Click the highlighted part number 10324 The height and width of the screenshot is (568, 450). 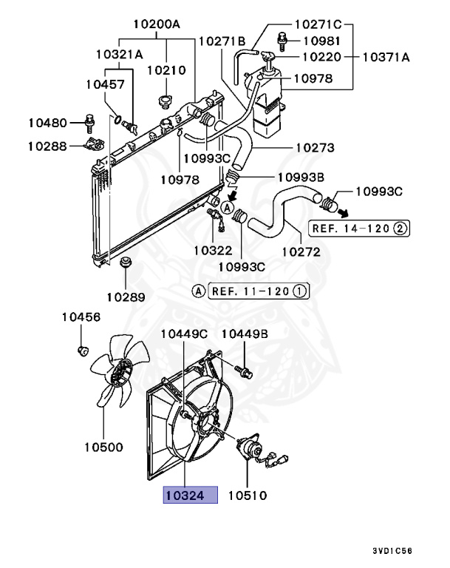point(191,495)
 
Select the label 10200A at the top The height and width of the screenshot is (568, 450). point(157,24)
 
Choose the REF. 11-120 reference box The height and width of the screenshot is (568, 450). point(259,291)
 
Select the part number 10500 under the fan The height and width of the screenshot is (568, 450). point(103,447)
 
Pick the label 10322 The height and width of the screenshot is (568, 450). point(214,251)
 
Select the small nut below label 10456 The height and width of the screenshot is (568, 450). point(83,349)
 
